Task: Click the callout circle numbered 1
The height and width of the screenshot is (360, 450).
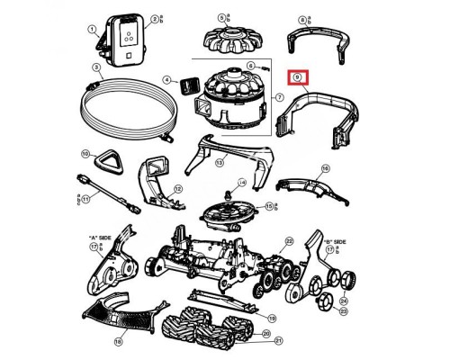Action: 91,29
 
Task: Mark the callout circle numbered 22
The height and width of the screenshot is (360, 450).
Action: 288,242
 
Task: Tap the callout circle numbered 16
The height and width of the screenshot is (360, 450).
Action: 325,168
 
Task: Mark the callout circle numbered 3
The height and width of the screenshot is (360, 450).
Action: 95,68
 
